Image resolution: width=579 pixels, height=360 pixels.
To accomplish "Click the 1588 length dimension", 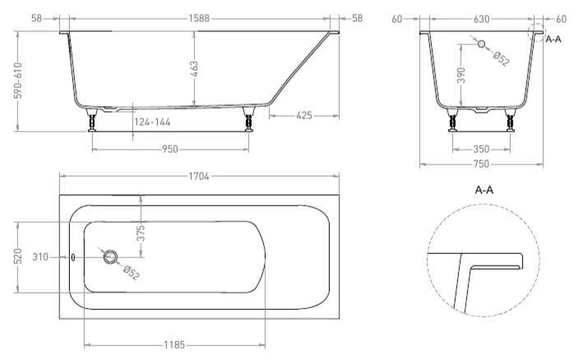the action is click(199, 18).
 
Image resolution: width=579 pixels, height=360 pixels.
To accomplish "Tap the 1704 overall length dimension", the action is click(199, 177).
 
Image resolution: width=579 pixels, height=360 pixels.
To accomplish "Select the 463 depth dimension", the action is click(194, 69).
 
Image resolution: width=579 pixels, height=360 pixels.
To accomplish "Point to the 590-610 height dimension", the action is click(18, 81).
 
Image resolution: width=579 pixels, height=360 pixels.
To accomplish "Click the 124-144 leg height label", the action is click(152, 122).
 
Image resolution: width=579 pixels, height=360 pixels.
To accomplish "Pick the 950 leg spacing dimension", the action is click(170, 150).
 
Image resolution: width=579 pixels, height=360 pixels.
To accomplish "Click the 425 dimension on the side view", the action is click(304, 115).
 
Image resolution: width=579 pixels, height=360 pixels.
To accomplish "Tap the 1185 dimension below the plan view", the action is click(174, 345).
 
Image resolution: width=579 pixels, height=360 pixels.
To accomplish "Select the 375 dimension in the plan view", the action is click(141, 233).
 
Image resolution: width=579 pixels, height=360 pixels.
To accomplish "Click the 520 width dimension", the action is click(18, 256).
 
